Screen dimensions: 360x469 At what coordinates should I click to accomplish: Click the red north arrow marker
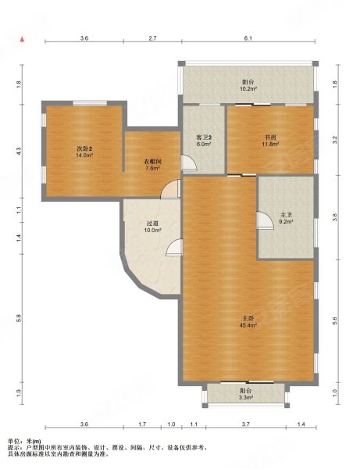coord(22,40)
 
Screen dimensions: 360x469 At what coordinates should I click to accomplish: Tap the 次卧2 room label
coord(84,149)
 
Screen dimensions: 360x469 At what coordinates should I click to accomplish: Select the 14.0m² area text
coord(84,155)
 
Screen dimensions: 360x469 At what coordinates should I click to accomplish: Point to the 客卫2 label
coord(204,138)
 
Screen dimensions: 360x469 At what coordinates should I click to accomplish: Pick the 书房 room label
coord(270,138)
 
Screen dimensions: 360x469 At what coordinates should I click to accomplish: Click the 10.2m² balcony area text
coord(248,88)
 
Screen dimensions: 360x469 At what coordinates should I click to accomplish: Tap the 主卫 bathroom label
coord(286,215)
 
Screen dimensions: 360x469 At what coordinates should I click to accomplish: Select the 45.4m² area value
coord(248,325)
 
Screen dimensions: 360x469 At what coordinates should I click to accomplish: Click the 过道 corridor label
coord(152,224)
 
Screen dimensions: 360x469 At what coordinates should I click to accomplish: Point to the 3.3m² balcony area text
coord(246,398)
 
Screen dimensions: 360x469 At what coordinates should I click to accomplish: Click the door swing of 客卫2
coord(189,163)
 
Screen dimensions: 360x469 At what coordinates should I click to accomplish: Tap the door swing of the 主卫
coord(265,220)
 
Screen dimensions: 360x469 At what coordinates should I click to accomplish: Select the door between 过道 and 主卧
coord(174,247)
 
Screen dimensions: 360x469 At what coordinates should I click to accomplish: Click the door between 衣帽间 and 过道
coord(170,189)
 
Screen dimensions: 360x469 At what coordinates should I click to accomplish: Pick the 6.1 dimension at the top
coord(248,38)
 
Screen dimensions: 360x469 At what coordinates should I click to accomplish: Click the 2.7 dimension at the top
coord(152,38)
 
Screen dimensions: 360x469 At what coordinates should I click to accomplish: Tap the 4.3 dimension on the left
coord(19,151)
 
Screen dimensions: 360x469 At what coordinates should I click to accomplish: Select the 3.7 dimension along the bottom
coord(245,424)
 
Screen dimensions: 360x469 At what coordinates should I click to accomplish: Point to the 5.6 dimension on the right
coord(334,321)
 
